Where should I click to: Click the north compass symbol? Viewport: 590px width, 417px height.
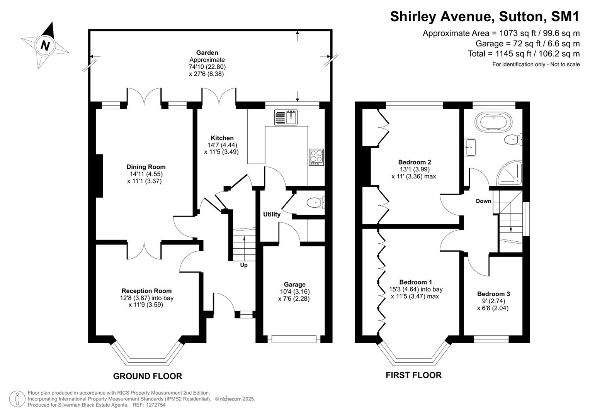[x=45, y=46]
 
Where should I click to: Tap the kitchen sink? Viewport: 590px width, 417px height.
[x=286, y=117]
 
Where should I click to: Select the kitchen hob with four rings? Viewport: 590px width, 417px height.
[x=316, y=157]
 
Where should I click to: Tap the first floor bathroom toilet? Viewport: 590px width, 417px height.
[x=514, y=139]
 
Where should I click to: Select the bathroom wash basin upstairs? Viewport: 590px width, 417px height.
[x=471, y=147]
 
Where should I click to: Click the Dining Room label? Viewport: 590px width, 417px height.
[x=146, y=167]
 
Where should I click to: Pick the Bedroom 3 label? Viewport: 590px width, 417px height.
[x=493, y=294]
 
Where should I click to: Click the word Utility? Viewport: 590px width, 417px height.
[x=272, y=214]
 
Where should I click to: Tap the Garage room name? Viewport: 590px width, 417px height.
[x=294, y=285]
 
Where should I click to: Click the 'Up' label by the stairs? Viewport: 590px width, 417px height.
[x=244, y=265]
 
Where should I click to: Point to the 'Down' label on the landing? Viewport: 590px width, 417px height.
[x=483, y=201]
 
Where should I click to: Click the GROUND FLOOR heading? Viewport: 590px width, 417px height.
[x=147, y=376]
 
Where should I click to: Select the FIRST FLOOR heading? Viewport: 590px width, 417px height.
[x=413, y=375]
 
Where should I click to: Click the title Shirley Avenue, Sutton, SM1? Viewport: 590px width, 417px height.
[x=485, y=17]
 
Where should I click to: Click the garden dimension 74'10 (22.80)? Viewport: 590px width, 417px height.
[x=207, y=67]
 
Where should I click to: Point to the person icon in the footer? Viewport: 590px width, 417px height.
[x=17, y=398]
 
